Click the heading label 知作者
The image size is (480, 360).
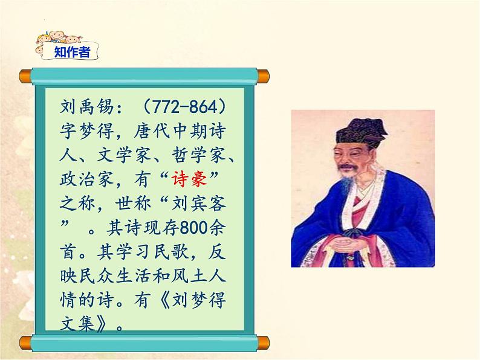click(72, 53)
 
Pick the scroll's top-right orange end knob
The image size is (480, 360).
click(262, 76)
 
